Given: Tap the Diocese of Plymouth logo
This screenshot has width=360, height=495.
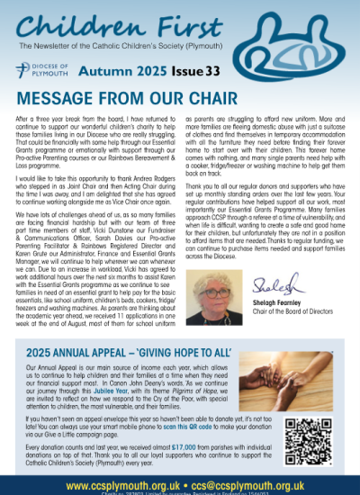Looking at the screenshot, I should tap(41, 70).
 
